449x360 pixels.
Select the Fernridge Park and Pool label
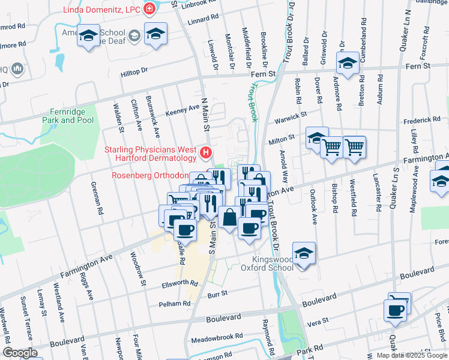point(68,116)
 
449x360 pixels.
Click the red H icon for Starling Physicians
point(206,154)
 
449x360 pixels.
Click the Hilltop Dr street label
point(134,71)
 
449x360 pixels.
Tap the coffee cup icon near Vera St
point(396,310)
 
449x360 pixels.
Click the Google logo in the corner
point(20,353)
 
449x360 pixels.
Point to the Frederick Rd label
point(426,121)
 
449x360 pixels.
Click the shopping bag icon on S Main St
point(229,217)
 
